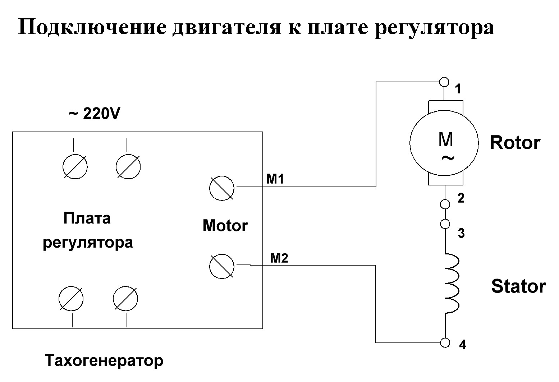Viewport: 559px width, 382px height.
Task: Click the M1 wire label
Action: click(275, 179)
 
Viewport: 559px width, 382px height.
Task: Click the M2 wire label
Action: click(279, 258)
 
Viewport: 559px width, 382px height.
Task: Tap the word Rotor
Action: click(515, 143)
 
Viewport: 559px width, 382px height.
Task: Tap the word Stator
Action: click(518, 286)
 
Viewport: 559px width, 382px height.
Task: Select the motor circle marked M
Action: click(444, 143)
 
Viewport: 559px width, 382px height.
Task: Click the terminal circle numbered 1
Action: click(445, 82)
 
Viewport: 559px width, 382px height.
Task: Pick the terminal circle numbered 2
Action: click(445, 204)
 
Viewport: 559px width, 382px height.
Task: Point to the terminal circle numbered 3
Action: click(445, 224)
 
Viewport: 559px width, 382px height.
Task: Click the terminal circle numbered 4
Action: click(445, 342)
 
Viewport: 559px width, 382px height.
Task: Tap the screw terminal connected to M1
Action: click(221, 188)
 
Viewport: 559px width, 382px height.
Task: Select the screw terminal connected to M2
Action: click(221, 266)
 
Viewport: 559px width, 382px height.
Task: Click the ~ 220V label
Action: click(94, 114)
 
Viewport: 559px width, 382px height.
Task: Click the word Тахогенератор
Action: click(104, 360)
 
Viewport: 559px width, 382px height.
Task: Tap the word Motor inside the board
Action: click(225, 226)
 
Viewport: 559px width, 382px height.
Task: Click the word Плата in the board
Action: click(87, 218)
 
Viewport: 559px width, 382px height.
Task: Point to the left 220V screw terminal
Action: click(75, 166)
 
